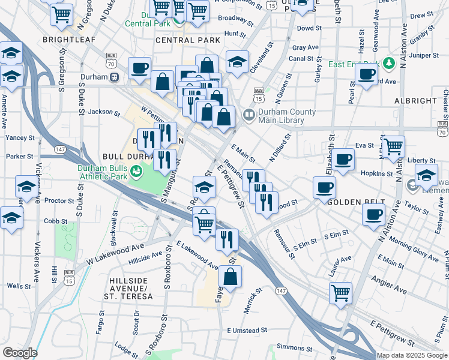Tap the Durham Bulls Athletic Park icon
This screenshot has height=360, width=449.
pos(137,172)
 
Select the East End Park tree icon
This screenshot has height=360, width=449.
pos(388,62)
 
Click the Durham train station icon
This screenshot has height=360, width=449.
pos(113,77)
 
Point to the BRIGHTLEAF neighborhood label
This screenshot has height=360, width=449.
pos(66,40)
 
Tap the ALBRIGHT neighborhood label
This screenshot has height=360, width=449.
pos(415,101)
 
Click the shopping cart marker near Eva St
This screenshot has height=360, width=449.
pos(393,146)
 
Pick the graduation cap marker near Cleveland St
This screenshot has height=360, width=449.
pos(237,62)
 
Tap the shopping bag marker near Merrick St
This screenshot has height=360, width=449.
pos(230,277)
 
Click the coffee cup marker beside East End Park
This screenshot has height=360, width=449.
pos(366,74)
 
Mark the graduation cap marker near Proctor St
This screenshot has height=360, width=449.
pos(26,187)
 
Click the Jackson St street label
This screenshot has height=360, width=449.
pos(100,112)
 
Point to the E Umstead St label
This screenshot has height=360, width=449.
pos(247,331)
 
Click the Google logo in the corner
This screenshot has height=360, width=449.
pos(20,353)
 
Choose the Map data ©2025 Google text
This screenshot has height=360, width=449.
pos(412,355)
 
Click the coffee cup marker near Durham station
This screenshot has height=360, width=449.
pos(139,68)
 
